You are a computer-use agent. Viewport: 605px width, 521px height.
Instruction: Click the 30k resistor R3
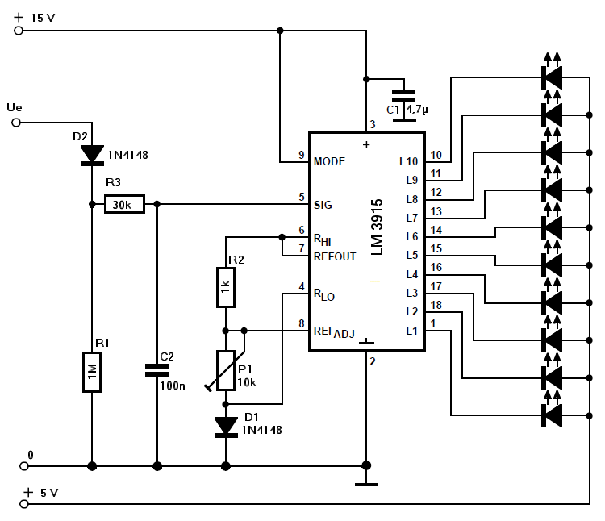(124, 204)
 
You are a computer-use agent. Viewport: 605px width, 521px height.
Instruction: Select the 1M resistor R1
(92, 372)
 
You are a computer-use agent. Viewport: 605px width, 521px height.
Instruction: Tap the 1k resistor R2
(226, 287)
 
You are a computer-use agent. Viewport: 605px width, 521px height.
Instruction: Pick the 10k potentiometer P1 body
(226, 371)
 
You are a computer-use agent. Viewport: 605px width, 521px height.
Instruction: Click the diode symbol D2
(92, 155)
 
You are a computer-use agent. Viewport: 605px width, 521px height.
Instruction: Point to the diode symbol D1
(226, 427)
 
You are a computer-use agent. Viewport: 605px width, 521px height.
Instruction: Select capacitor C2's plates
(157, 370)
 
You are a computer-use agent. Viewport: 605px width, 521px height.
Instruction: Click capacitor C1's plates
(403, 96)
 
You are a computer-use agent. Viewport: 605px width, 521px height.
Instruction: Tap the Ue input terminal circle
(16, 123)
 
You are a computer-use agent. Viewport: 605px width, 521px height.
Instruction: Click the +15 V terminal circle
(18, 31)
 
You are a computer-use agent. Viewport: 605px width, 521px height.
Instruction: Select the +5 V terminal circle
(24, 504)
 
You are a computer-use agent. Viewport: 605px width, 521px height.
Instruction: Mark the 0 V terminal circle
(24, 466)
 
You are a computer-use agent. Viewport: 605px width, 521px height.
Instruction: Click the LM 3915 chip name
(377, 227)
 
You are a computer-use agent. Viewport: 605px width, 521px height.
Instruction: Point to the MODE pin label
(329, 161)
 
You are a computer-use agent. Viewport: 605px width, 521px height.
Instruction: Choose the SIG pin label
(323, 205)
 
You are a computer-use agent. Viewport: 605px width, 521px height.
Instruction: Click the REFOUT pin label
(335, 256)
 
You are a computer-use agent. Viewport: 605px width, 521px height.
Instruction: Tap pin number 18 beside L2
(436, 305)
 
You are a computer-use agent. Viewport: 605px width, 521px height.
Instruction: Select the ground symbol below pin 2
(366, 484)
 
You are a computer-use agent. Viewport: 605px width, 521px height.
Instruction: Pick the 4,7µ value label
(417, 110)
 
